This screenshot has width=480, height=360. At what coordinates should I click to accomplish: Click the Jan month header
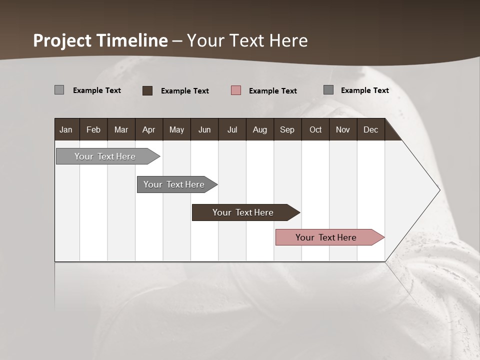click(66, 130)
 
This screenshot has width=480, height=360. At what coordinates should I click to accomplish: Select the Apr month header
click(148, 130)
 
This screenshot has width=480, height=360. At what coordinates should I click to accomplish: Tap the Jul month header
click(232, 130)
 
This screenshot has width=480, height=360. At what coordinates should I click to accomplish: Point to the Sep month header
click(287, 130)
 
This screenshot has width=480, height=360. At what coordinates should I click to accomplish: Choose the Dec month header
click(370, 130)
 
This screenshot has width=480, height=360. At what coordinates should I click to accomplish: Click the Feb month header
click(93, 130)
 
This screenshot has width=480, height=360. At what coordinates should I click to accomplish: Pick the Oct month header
click(315, 130)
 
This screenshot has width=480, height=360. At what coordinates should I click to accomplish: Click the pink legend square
click(236, 90)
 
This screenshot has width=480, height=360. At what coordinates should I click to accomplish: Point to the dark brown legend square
click(147, 90)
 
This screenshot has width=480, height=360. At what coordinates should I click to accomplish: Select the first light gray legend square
click(59, 90)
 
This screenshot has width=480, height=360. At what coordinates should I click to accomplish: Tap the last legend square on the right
click(328, 90)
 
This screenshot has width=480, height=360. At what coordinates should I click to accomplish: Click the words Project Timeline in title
click(100, 40)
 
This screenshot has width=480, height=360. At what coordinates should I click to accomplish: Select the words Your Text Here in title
click(247, 40)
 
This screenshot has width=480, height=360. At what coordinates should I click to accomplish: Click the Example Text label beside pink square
click(272, 91)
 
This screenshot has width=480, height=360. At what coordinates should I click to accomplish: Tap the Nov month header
click(343, 130)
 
